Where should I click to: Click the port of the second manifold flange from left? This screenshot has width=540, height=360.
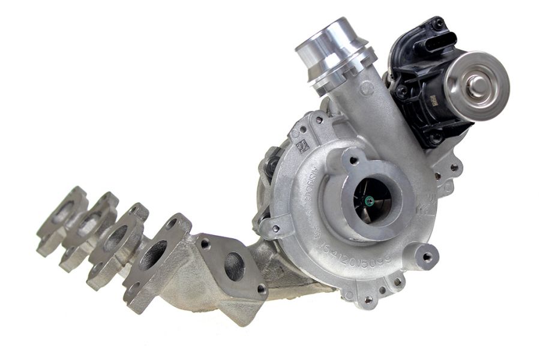[x=88, y=223]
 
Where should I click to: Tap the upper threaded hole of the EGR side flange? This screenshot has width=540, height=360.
[x=205, y=243]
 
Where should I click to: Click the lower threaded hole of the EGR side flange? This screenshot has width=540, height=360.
[x=261, y=289]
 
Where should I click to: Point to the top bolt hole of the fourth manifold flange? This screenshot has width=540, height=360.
[x=172, y=223]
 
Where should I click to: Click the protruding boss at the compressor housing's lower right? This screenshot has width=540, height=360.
[x=427, y=256]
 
